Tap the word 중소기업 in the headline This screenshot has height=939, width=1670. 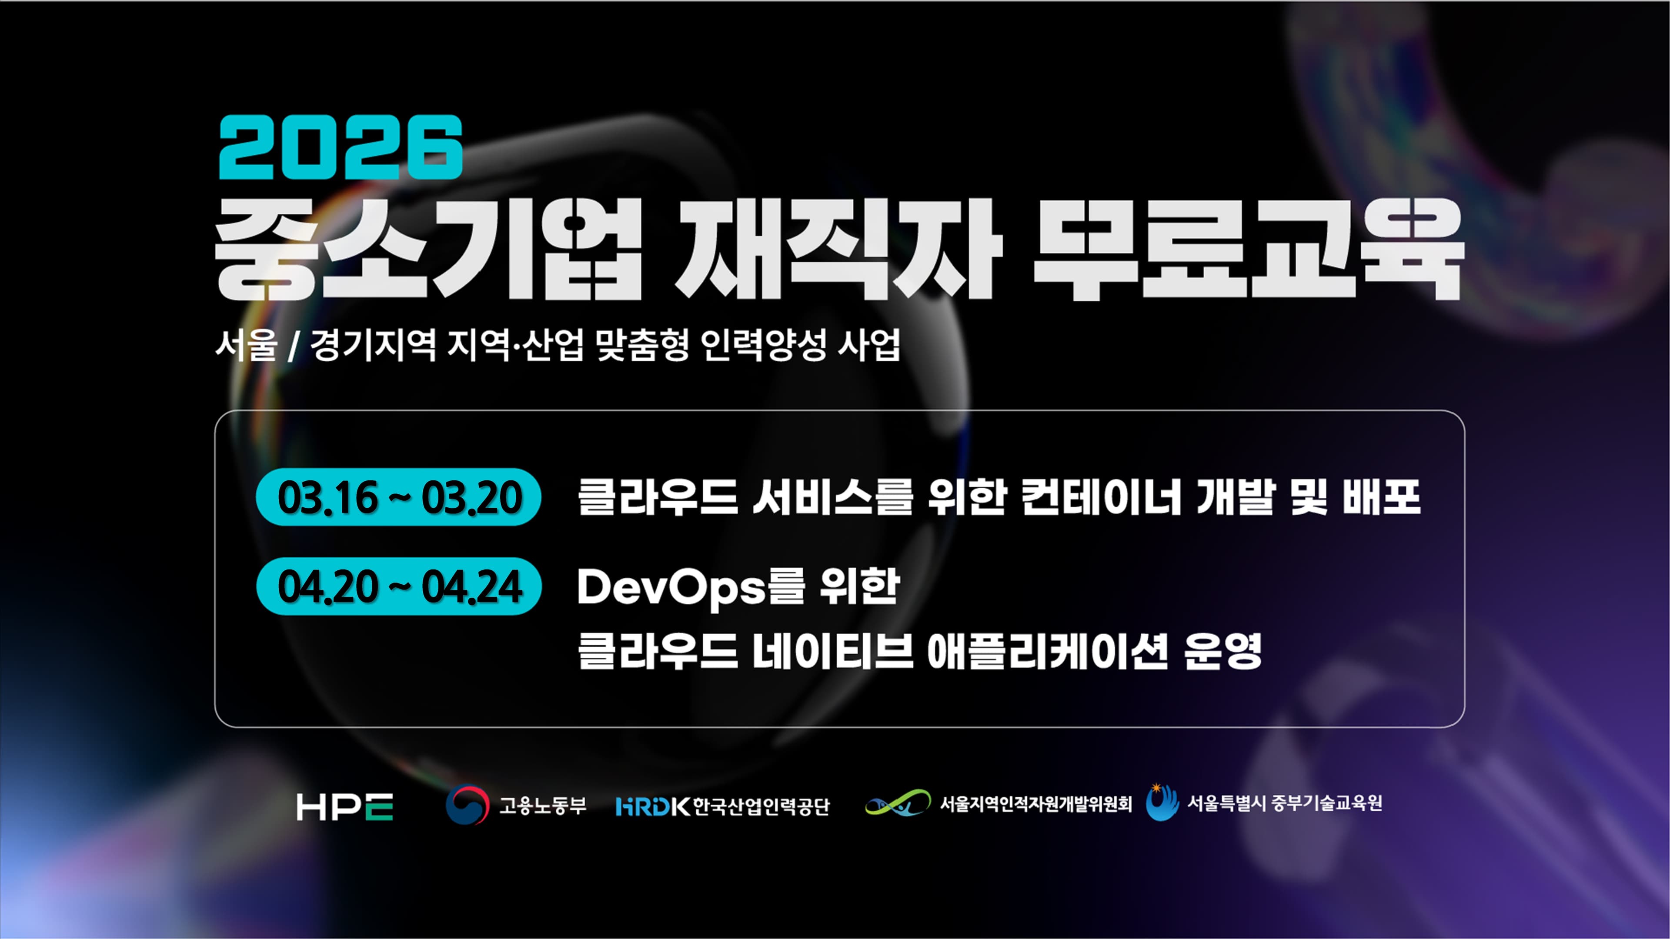[428, 250]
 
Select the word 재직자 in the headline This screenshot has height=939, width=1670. [837, 250]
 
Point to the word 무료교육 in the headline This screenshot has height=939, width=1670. [1248, 250]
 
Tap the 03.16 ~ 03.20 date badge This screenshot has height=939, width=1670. [399, 497]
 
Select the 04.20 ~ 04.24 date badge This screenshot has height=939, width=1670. [399, 586]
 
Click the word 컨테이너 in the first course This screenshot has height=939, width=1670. [1101, 497]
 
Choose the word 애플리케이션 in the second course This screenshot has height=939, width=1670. [1047, 651]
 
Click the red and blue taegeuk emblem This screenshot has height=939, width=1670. [467, 805]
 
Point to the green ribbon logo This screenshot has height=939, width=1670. [898, 803]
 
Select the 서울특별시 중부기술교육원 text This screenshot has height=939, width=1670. [1284, 803]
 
